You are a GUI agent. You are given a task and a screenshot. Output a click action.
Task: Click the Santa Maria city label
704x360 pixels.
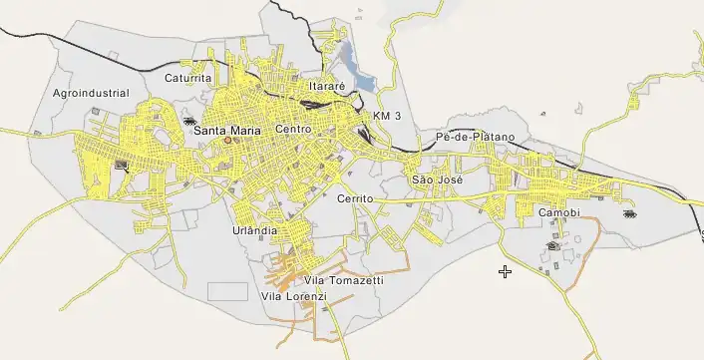click(227, 130)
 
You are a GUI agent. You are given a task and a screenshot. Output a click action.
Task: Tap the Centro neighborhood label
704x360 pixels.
click(294, 130)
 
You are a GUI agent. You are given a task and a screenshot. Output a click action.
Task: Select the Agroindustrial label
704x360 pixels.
click(91, 93)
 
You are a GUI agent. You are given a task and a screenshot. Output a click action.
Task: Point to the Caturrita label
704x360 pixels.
click(188, 77)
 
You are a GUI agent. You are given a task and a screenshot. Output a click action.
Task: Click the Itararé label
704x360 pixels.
click(327, 87)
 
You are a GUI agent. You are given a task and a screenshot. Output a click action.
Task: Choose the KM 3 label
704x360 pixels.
click(387, 117)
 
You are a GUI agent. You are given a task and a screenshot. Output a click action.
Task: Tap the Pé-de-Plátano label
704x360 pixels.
click(476, 136)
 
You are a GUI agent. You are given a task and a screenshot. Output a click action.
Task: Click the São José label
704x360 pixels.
click(435, 180)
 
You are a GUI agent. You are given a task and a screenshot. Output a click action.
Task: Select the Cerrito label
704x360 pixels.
click(355, 198)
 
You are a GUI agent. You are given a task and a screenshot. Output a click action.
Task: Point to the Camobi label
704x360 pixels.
click(558, 213)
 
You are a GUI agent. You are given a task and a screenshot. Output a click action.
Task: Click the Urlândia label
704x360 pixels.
click(254, 230)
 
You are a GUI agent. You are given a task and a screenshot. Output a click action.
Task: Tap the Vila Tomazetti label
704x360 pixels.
click(343, 280)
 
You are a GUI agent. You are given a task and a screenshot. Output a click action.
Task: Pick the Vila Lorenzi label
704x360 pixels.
click(293, 296)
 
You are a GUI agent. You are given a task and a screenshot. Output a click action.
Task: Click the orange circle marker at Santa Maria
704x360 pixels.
click(227, 141)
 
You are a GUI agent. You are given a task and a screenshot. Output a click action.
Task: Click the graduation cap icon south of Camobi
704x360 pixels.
click(552, 245)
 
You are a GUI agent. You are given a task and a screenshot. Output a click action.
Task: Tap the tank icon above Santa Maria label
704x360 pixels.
click(189, 120)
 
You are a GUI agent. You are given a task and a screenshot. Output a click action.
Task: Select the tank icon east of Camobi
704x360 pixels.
click(628, 213)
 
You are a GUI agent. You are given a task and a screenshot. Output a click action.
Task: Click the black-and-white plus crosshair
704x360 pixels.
click(506, 270)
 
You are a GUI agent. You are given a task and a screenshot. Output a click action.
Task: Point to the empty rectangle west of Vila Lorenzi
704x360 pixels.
click(227, 291)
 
